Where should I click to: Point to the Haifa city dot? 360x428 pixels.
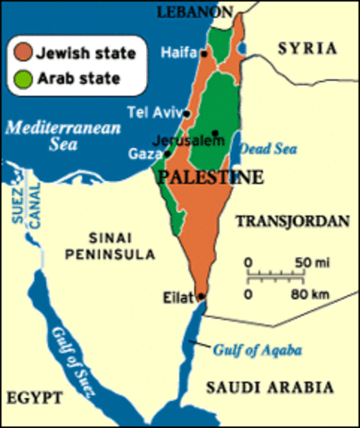click(x=204, y=53)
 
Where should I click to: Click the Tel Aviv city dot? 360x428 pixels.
click(x=186, y=113)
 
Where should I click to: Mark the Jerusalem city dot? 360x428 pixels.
click(x=215, y=134)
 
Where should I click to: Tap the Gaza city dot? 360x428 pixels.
click(x=167, y=153)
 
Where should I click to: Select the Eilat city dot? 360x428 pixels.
click(x=202, y=297)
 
